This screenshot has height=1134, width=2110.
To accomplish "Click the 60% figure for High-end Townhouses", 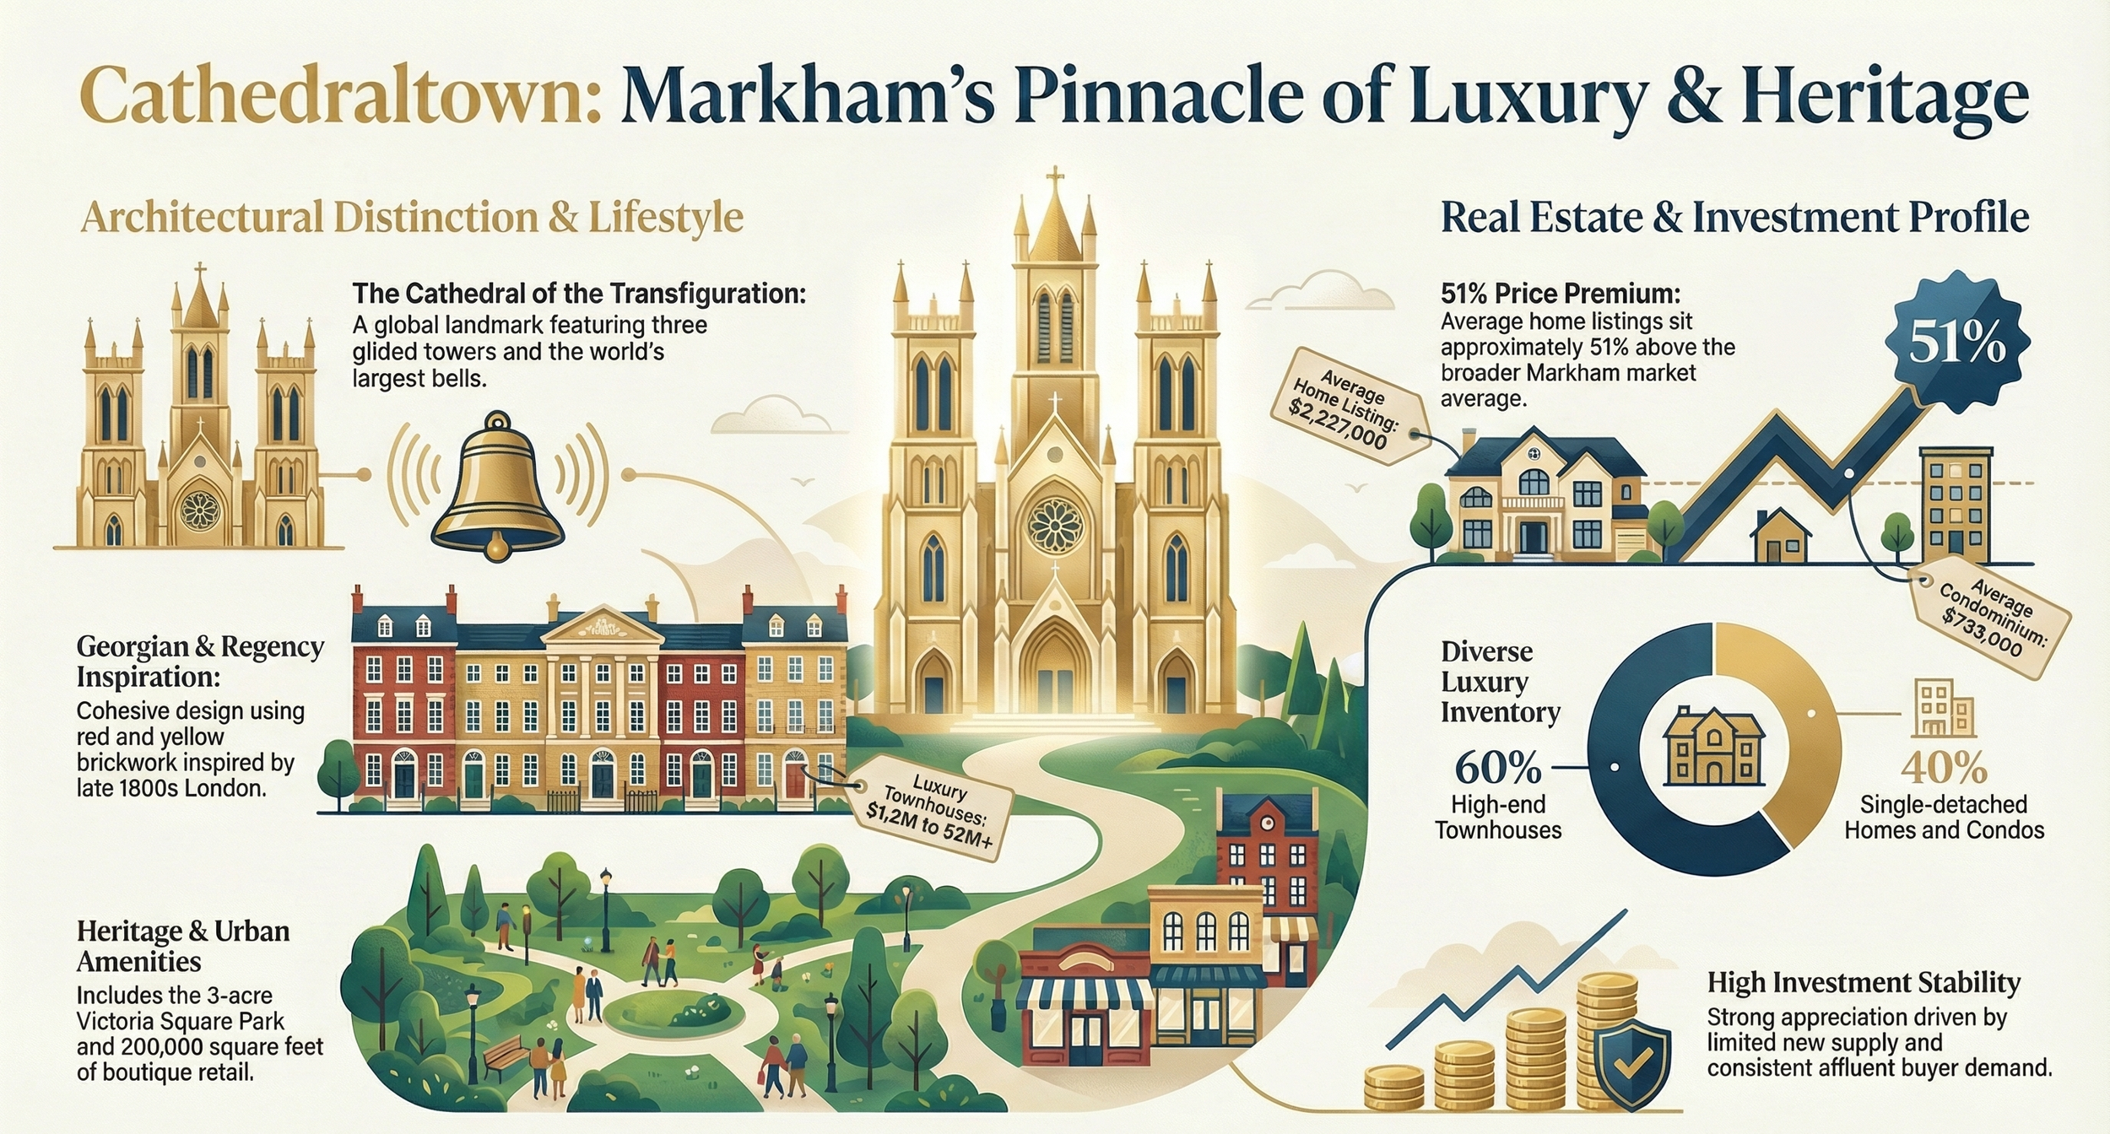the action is (x=1498, y=767).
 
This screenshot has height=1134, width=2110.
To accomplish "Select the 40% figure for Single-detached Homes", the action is (x=1944, y=768).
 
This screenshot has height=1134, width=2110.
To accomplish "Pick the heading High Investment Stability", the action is (x=1864, y=983).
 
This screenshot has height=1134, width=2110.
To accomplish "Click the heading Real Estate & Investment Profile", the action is (x=1734, y=218).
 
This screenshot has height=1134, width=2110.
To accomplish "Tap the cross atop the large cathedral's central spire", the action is (x=1054, y=179).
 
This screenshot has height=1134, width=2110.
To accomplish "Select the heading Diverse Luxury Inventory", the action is (x=1500, y=682).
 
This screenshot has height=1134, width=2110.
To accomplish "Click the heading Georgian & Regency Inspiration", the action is (x=200, y=661).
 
